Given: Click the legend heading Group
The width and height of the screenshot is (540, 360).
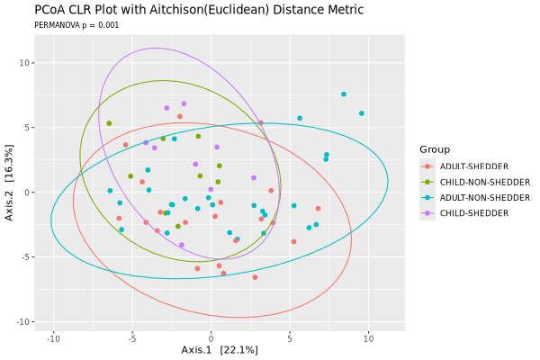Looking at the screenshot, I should coord(434,149).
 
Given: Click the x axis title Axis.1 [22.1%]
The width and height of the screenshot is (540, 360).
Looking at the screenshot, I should coord(220,350).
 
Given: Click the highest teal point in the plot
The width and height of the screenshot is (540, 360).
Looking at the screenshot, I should coord(344,94).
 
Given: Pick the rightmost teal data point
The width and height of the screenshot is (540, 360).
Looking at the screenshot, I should coord(362,113).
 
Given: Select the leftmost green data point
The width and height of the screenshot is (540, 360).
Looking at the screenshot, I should coord(109,123).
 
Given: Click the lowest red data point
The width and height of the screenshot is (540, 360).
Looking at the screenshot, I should coord(255,277).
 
